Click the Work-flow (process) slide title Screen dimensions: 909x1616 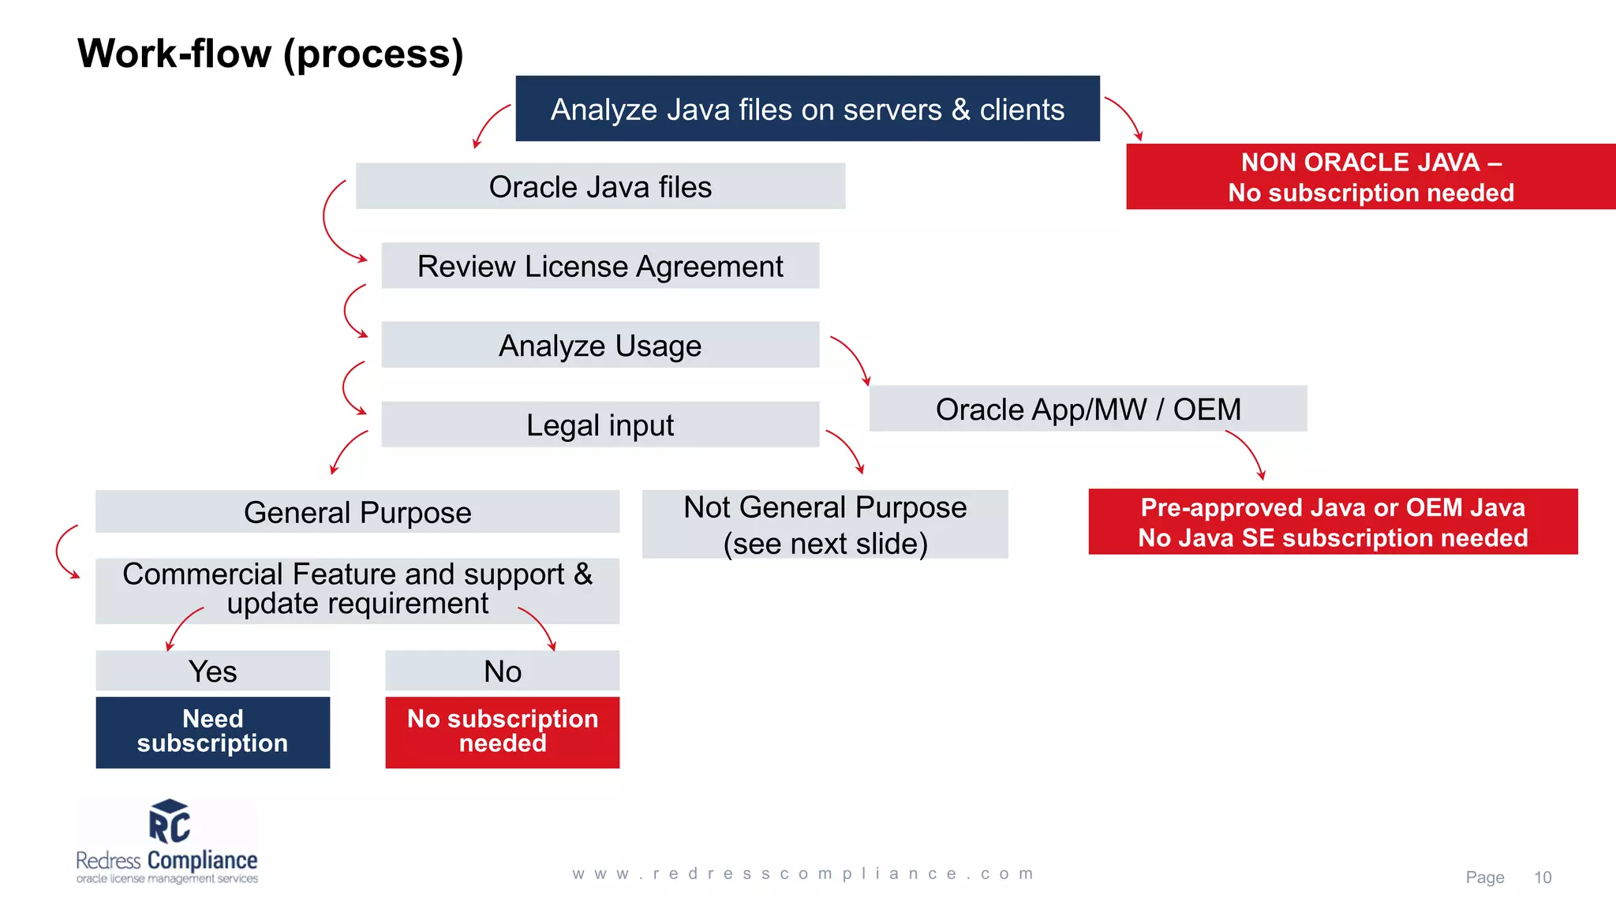click(x=270, y=54)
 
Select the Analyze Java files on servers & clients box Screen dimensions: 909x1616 click(x=807, y=109)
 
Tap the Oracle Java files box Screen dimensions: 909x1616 click(x=600, y=187)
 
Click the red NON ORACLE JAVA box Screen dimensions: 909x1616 click(x=1371, y=177)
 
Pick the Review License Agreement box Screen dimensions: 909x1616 click(x=600, y=266)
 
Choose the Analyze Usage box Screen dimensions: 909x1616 click(x=600, y=346)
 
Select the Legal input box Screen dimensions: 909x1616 click(x=600, y=425)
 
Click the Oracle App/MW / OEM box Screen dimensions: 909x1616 click(x=1087, y=409)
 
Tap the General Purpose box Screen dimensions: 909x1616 click(x=357, y=512)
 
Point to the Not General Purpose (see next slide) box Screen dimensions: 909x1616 click(x=825, y=525)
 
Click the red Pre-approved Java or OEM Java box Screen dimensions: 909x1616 click(x=1333, y=522)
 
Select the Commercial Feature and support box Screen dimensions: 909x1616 click(x=357, y=589)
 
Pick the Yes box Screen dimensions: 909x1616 click(x=212, y=671)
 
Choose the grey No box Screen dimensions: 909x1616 click(x=502, y=671)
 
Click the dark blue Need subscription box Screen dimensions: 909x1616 click(x=212, y=731)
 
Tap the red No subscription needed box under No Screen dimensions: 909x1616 click(x=502, y=731)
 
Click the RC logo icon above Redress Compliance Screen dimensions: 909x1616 click(x=169, y=822)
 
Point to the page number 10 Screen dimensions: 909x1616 click(x=1542, y=877)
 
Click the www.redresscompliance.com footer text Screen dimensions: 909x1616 click(x=802, y=873)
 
